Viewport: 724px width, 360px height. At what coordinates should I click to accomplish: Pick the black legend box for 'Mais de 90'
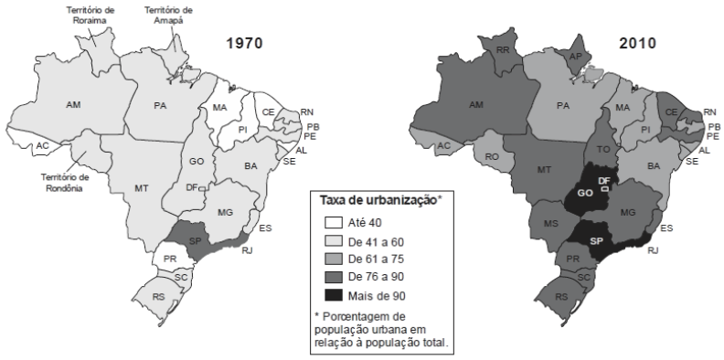(x=334, y=295)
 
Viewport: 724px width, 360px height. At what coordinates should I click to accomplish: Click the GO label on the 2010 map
(x=584, y=194)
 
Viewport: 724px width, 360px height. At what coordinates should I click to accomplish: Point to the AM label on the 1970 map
(x=73, y=105)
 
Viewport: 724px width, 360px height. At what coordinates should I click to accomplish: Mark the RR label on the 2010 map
(x=502, y=51)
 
